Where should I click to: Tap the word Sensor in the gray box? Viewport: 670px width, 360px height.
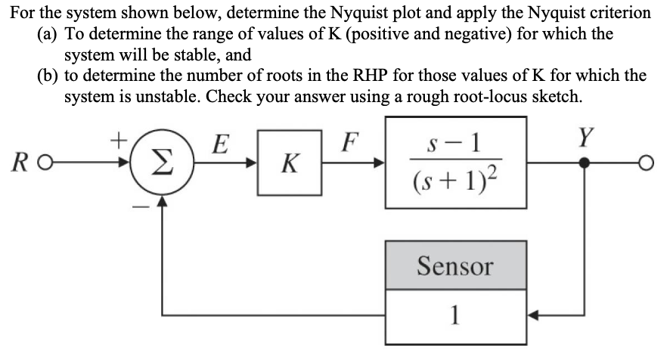456,265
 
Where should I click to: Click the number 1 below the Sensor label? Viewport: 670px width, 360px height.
456,312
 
